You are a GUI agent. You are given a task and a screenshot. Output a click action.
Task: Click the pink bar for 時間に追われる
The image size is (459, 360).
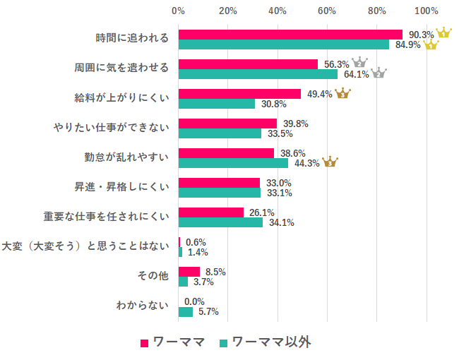pyautogui.click(x=290, y=35)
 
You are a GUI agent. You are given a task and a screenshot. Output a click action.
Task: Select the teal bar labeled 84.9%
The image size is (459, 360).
pyautogui.click(x=284, y=44)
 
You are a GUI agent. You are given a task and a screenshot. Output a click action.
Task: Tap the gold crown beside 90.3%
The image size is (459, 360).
pyautogui.click(x=443, y=33)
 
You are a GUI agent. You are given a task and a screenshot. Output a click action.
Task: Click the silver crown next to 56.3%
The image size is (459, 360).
pyautogui.click(x=359, y=63)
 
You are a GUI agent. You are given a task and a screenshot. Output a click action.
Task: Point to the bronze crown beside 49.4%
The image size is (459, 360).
pyautogui.click(x=342, y=93)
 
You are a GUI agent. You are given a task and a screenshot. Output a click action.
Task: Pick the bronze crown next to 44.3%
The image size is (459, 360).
pyautogui.click(x=330, y=162)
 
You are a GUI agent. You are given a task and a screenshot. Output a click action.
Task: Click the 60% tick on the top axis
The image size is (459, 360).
pyautogui.click(x=327, y=11)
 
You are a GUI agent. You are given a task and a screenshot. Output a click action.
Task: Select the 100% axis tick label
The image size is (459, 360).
pyautogui.click(x=426, y=11)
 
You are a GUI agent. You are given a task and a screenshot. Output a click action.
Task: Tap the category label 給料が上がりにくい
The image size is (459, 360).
pyautogui.click(x=121, y=98)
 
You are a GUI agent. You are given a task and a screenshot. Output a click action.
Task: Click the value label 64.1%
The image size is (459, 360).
pyautogui.click(x=356, y=74)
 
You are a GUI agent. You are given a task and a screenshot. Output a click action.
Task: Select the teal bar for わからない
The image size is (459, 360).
pyautogui.click(x=186, y=311)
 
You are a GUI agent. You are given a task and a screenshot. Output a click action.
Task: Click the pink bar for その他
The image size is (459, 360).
pyautogui.click(x=189, y=272)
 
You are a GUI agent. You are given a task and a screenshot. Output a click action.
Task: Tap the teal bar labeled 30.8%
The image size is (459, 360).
pyautogui.click(x=217, y=104)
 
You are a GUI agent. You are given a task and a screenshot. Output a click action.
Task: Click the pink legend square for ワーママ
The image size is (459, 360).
pyautogui.click(x=145, y=343)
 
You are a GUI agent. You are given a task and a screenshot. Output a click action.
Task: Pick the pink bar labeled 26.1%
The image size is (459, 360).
pyautogui.click(x=211, y=212)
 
